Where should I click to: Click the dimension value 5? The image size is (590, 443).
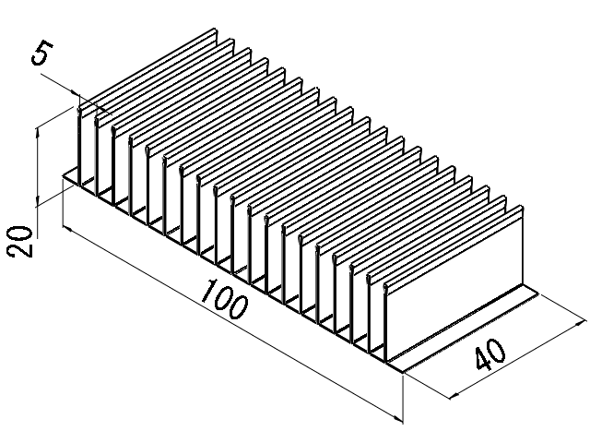pos(41,54)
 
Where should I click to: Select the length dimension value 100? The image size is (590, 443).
pos(223,297)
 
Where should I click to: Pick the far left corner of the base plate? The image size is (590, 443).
pos(63,178)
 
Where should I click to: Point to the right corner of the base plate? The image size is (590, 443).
pos(537,293)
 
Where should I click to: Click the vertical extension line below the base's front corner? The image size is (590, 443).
pos(404,397)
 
